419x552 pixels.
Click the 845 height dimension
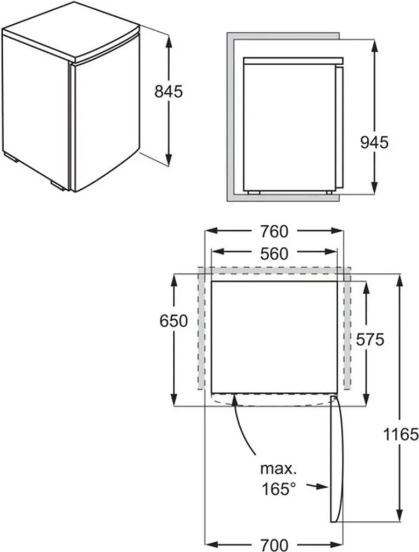pyautogui.click(x=169, y=92)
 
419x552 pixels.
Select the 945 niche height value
pyautogui.click(x=375, y=142)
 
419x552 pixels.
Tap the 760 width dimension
pyautogui.click(x=274, y=231)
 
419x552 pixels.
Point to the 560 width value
pyautogui.click(x=274, y=253)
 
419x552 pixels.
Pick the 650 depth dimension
pyautogui.click(x=173, y=321)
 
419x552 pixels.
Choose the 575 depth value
pyautogui.click(x=370, y=340)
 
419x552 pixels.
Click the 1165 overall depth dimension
pyautogui.click(x=401, y=434)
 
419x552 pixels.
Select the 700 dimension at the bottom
pyautogui.click(x=274, y=545)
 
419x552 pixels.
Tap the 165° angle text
pyautogui.click(x=278, y=489)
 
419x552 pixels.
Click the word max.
pyautogui.click(x=278, y=468)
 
